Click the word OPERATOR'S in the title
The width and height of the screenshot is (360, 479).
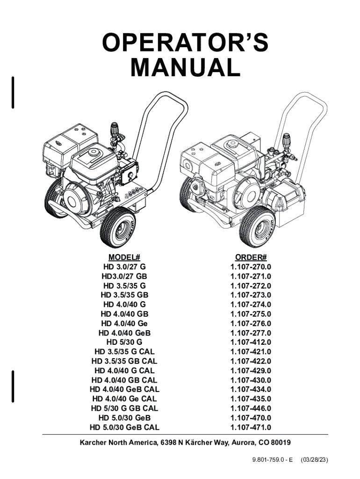[x=185, y=43]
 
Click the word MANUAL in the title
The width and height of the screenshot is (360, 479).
[x=185, y=67]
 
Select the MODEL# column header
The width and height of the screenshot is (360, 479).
[x=124, y=257]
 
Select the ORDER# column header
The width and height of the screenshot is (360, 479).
[x=251, y=257]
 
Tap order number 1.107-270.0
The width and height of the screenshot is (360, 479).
[x=251, y=267]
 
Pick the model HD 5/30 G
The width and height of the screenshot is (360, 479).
[x=124, y=342]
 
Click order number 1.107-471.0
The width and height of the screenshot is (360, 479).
[x=251, y=427]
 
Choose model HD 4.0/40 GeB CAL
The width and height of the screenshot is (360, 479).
[x=124, y=390]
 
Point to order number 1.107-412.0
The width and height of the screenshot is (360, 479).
[x=251, y=342]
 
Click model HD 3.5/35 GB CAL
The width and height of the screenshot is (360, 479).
[x=124, y=361]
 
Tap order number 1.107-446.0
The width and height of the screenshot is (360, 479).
[x=251, y=408]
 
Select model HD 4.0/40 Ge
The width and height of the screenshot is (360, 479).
[x=124, y=323]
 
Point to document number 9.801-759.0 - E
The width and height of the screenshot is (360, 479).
[x=273, y=460]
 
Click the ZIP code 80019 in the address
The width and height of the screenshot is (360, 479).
[x=281, y=443]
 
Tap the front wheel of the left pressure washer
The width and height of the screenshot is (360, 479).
[x=118, y=227]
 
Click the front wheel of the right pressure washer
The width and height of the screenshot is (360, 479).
[x=257, y=226]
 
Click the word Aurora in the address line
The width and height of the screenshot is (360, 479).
[x=244, y=443]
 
